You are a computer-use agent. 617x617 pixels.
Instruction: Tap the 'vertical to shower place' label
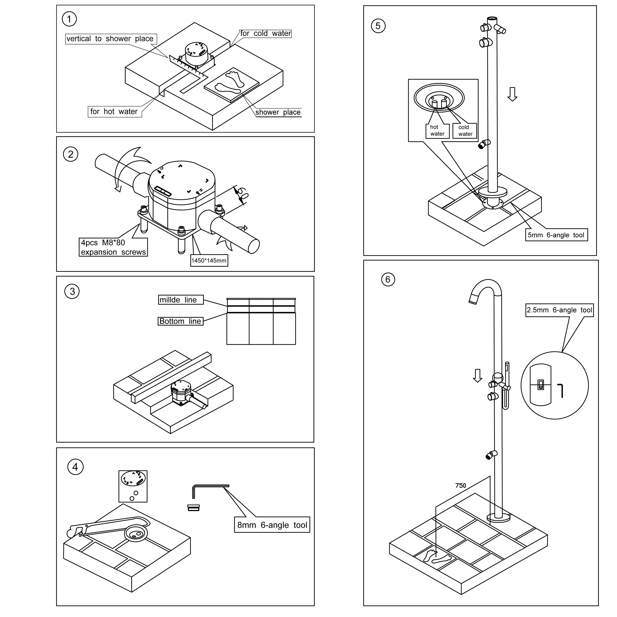110,39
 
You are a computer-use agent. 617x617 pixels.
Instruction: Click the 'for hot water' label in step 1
114,111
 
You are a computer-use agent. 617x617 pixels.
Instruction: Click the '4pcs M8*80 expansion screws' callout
113,247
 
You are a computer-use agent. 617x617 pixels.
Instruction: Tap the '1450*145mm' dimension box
209,261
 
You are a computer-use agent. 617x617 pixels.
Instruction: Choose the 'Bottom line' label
180,321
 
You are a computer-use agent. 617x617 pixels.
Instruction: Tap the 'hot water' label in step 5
437,131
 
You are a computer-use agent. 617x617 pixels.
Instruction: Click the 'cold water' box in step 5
465,131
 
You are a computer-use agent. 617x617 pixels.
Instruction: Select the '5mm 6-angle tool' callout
556,235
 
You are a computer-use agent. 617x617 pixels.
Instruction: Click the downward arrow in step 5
512,94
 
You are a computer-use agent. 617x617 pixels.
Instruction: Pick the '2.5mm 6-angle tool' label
559,310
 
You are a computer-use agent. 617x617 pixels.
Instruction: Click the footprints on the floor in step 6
437,557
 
